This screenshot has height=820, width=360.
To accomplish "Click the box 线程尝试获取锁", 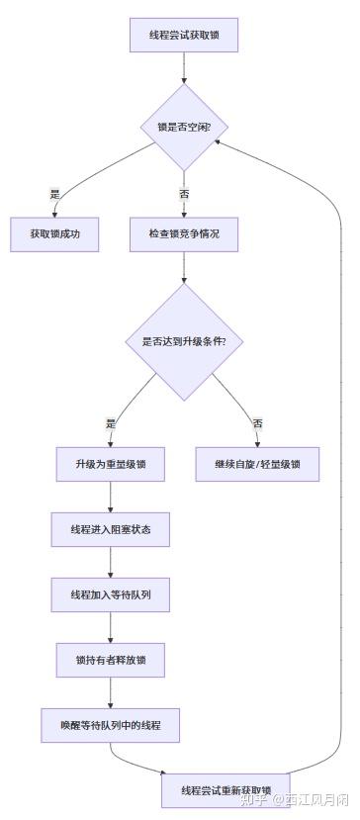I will pyautogui.click(x=184, y=36).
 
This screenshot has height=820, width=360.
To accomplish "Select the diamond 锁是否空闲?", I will pyautogui.click(x=184, y=127).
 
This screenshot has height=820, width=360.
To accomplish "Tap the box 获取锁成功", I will pyautogui.click(x=55, y=234).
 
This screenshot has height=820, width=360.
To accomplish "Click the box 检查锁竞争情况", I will pyautogui.click(x=184, y=234).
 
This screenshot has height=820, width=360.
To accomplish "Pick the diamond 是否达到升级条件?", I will pyautogui.click(x=184, y=342).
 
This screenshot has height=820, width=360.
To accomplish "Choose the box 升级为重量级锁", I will pyautogui.click(x=111, y=464).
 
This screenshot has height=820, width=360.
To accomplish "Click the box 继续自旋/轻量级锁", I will pyautogui.click(x=257, y=464).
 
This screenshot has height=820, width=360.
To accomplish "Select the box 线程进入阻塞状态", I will pyautogui.click(x=111, y=530).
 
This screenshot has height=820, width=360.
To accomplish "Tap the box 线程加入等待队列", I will pyautogui.click(x=111, y=595).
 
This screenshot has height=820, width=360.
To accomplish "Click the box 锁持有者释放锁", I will pyautogui.click(x=111, y=661).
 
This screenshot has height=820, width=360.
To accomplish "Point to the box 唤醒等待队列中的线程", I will pyautogui.click(x=111, y=726).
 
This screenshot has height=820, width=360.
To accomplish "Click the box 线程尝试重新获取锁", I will pyautogui.click(x=225, y=790).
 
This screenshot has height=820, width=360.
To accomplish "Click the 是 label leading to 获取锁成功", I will pyautogui.click(x=55, y=194).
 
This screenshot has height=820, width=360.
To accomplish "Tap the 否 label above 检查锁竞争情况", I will pyautogui.click(x=184, y=194).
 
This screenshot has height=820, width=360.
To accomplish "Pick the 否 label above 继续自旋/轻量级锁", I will pyautogui.click(x=257, y=423).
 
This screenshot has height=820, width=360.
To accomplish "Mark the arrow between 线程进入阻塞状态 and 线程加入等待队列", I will pyautogui.click(x=111, y=563).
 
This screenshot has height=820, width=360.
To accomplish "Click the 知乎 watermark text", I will pyautogui.click(x=255, y=799).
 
